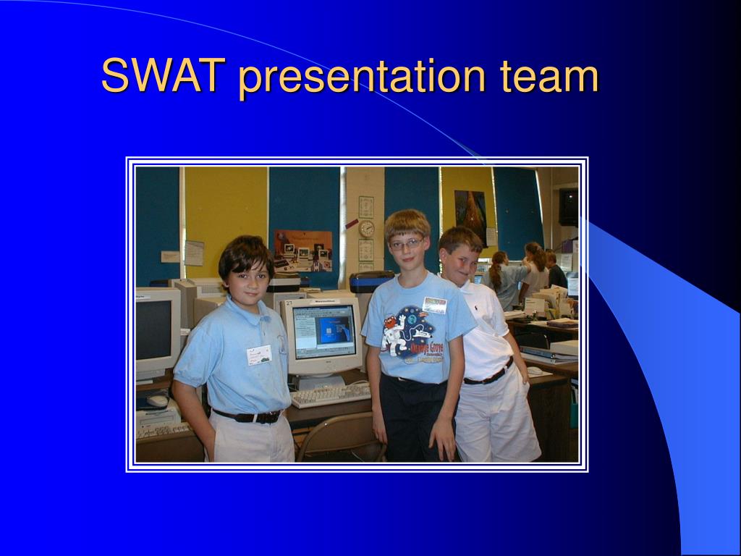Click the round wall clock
[367, 229]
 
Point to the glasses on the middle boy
[407, 244]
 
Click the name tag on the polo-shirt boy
[258, 355]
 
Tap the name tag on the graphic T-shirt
[435, 305]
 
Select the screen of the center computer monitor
[324, 332]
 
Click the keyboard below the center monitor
[329, 395]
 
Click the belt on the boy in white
[489, 376]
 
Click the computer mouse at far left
[157, 400]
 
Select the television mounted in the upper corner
[568, 206]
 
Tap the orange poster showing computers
[302, 250]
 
